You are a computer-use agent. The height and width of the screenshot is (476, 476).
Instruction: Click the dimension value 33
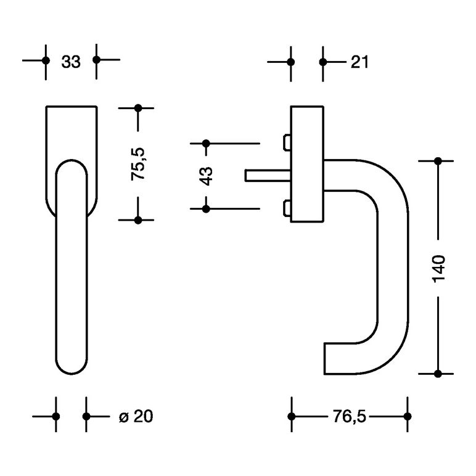pyautogui.click(x=71, y=62)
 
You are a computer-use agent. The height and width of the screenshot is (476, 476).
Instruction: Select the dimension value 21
pyautogui.click(x=359, y=62)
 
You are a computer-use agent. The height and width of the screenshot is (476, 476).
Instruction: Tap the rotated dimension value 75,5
pyautogui.click(x=138, y=164)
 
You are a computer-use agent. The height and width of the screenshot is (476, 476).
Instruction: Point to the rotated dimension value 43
pyautogui.click(x=206, y=176)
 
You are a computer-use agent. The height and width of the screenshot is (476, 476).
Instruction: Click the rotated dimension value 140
pyautogui.click(x=438, y=269)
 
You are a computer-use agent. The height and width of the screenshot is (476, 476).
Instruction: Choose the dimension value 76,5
pyautogui.click(x=350, y=416)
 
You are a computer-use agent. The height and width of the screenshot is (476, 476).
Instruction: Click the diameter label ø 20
pyautogui.click(x=136, y=416)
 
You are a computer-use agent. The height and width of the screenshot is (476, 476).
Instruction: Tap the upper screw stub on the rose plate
pyautogui.click(x=287, y=142)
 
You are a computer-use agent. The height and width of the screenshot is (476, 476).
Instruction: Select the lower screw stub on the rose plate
pyautogui.click(x=287, y=208)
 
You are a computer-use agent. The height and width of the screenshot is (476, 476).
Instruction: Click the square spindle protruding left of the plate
pyautogui.click(x=268, y=176)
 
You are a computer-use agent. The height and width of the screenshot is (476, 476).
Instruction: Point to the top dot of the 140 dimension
pyautogui.click(x=438, y=161)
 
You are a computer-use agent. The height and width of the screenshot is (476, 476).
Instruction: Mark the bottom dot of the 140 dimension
pyautogui.click(x=438, y=374)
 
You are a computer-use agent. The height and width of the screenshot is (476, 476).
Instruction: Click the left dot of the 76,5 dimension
pyautogui.click(x=292, y=417)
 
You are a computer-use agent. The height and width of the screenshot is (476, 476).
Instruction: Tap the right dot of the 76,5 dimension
pyautogui.click(x=408, y=417)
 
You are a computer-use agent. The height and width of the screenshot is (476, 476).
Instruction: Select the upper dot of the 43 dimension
pyautogui.click(x=206, y=143)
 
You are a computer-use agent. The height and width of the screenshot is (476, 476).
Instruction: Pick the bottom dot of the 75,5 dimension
pyautogui.click(x=138, y=220)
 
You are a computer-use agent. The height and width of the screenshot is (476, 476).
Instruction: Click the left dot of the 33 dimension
pyautogui.click(x=46, y=60)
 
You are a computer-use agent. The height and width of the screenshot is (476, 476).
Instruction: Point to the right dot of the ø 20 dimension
pyautogui.click(x=86, y=417)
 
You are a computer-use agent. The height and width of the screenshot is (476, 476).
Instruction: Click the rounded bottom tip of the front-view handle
pyautogui.click(x=72, y=374)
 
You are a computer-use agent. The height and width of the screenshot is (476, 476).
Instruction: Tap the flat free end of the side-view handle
pyautogui.click(x=324, y=358)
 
